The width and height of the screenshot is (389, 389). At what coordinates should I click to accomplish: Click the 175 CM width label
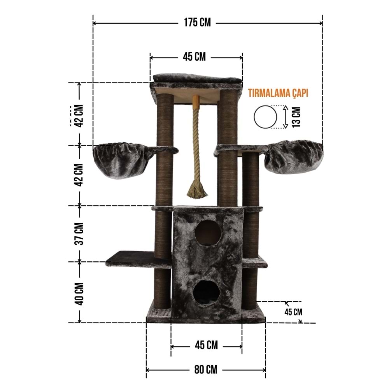197,23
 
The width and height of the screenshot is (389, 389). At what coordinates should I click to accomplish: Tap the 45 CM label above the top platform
194,57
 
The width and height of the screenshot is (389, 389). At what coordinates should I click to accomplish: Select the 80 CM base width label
206,370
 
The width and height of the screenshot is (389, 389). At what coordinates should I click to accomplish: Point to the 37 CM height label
80,234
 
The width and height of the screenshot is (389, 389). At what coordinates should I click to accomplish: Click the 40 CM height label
80,294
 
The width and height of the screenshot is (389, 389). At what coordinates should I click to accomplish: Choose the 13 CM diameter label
296,117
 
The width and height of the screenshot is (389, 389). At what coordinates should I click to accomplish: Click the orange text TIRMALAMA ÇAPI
278,93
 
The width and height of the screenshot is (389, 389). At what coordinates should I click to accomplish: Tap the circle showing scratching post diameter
265,117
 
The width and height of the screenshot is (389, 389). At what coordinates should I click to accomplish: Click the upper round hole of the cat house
208,233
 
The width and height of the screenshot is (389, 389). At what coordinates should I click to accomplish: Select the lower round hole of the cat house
207,293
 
